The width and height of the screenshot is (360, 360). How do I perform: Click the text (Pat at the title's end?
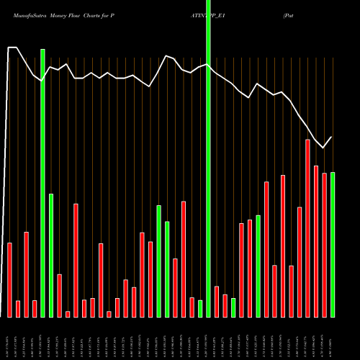click(x=289, y=14)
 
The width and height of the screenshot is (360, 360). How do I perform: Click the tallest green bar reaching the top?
click(x=209, y=158)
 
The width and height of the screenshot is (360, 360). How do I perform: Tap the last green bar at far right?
click(x=333, y=245)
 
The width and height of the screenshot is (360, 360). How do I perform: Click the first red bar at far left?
click(x=9, y=279)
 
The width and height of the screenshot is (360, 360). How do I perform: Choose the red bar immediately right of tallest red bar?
click(x=316, y=241)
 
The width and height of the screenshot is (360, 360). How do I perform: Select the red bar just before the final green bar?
click(x=325, y=245)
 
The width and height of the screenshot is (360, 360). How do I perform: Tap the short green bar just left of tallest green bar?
click(x=200, y=309)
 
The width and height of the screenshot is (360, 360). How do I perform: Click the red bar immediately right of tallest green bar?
click(x=217, y=302)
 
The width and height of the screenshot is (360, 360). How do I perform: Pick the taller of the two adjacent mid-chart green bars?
click(x=158, y=261)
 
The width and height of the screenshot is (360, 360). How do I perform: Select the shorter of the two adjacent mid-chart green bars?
click(x=167, y=269)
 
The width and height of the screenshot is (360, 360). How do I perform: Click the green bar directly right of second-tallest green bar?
click(x=51, y=255)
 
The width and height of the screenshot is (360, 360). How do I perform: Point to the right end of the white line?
click(x=332, y=137)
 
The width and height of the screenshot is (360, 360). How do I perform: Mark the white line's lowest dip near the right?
click(x=324, y=148)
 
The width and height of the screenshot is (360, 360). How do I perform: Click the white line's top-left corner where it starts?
click(x=9, y=48)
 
